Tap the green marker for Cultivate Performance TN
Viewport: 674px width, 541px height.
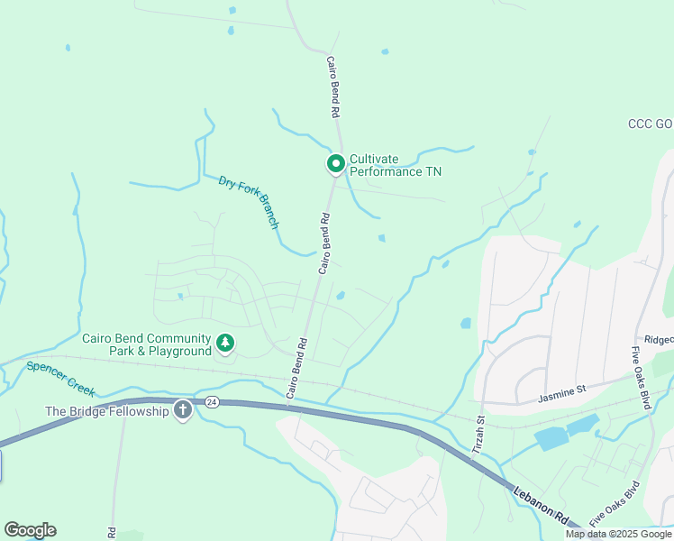point(335,163)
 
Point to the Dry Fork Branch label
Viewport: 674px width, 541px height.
point(249,202)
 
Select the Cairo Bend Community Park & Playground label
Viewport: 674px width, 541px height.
point(146,345)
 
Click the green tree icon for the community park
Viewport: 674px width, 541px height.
point(224,343)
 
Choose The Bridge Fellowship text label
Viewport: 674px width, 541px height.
point(107,411)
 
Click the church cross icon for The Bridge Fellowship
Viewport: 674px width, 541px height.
point(182,411)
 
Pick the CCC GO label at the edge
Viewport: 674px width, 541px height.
point(651,124)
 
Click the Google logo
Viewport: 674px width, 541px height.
point(30,530)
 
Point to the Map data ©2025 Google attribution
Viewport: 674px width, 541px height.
point(619,534)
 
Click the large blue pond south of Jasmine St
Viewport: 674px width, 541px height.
point(569,433)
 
